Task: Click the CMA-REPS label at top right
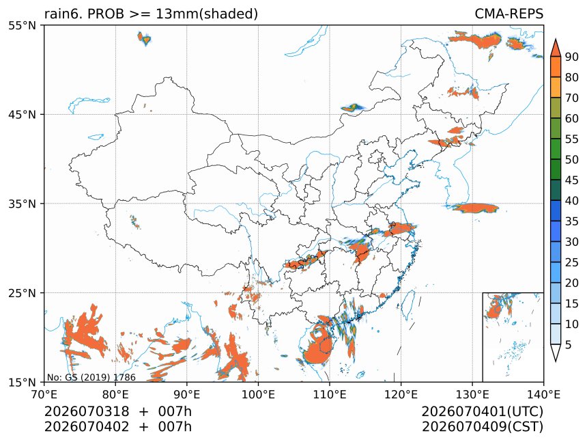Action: pyautogui.click(x=509, y=14)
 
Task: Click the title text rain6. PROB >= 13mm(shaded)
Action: pyautogui.click(x=151, y=14)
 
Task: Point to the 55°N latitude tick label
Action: pyautogui.click(x=22, y=25)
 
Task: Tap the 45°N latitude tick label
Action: pyautogui.click(x=22, y=114)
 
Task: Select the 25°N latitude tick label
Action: pyautogui.click(x=22, y=292)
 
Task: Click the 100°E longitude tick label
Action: pyautogui.click(x=258, y=394)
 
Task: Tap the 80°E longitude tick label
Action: pyautogui.click(x=115, y=394)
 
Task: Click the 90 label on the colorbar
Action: pyautogui.click(x=572, y=57)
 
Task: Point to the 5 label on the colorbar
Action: pyautogui.click(x=569, y=344)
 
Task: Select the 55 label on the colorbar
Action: pyautogui.click(x=572, y=139)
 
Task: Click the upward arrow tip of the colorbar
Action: pyautogui.click(x=555, y=38)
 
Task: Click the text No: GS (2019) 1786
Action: pyautogui.click(x=91, y=377)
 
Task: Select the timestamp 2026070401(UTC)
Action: pyautogui.click(x=483, y=411)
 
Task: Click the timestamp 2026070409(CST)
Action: pyautogui.click(x=483, y=427)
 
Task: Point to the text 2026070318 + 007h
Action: pyautogui.click(x=118, y=411)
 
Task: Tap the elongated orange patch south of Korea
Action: pyautogui.click(x=476, y=208)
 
